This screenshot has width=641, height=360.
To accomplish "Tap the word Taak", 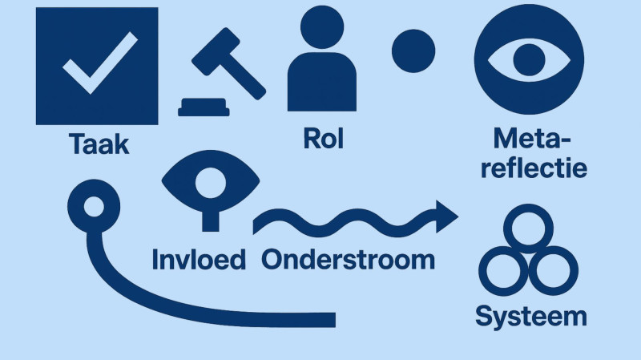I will coord(99,145).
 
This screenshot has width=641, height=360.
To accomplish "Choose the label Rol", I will coord(323,138).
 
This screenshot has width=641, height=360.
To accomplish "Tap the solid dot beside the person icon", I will coord(413,51).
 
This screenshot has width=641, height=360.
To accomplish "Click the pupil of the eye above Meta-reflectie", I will coord(529,59).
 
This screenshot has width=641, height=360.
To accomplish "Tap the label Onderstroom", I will coord(347,260).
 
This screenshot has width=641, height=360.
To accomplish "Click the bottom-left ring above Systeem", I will coord(505,273).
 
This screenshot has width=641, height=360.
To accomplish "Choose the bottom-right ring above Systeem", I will coord(555,273).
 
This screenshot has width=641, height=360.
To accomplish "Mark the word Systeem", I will coord(530,315).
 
